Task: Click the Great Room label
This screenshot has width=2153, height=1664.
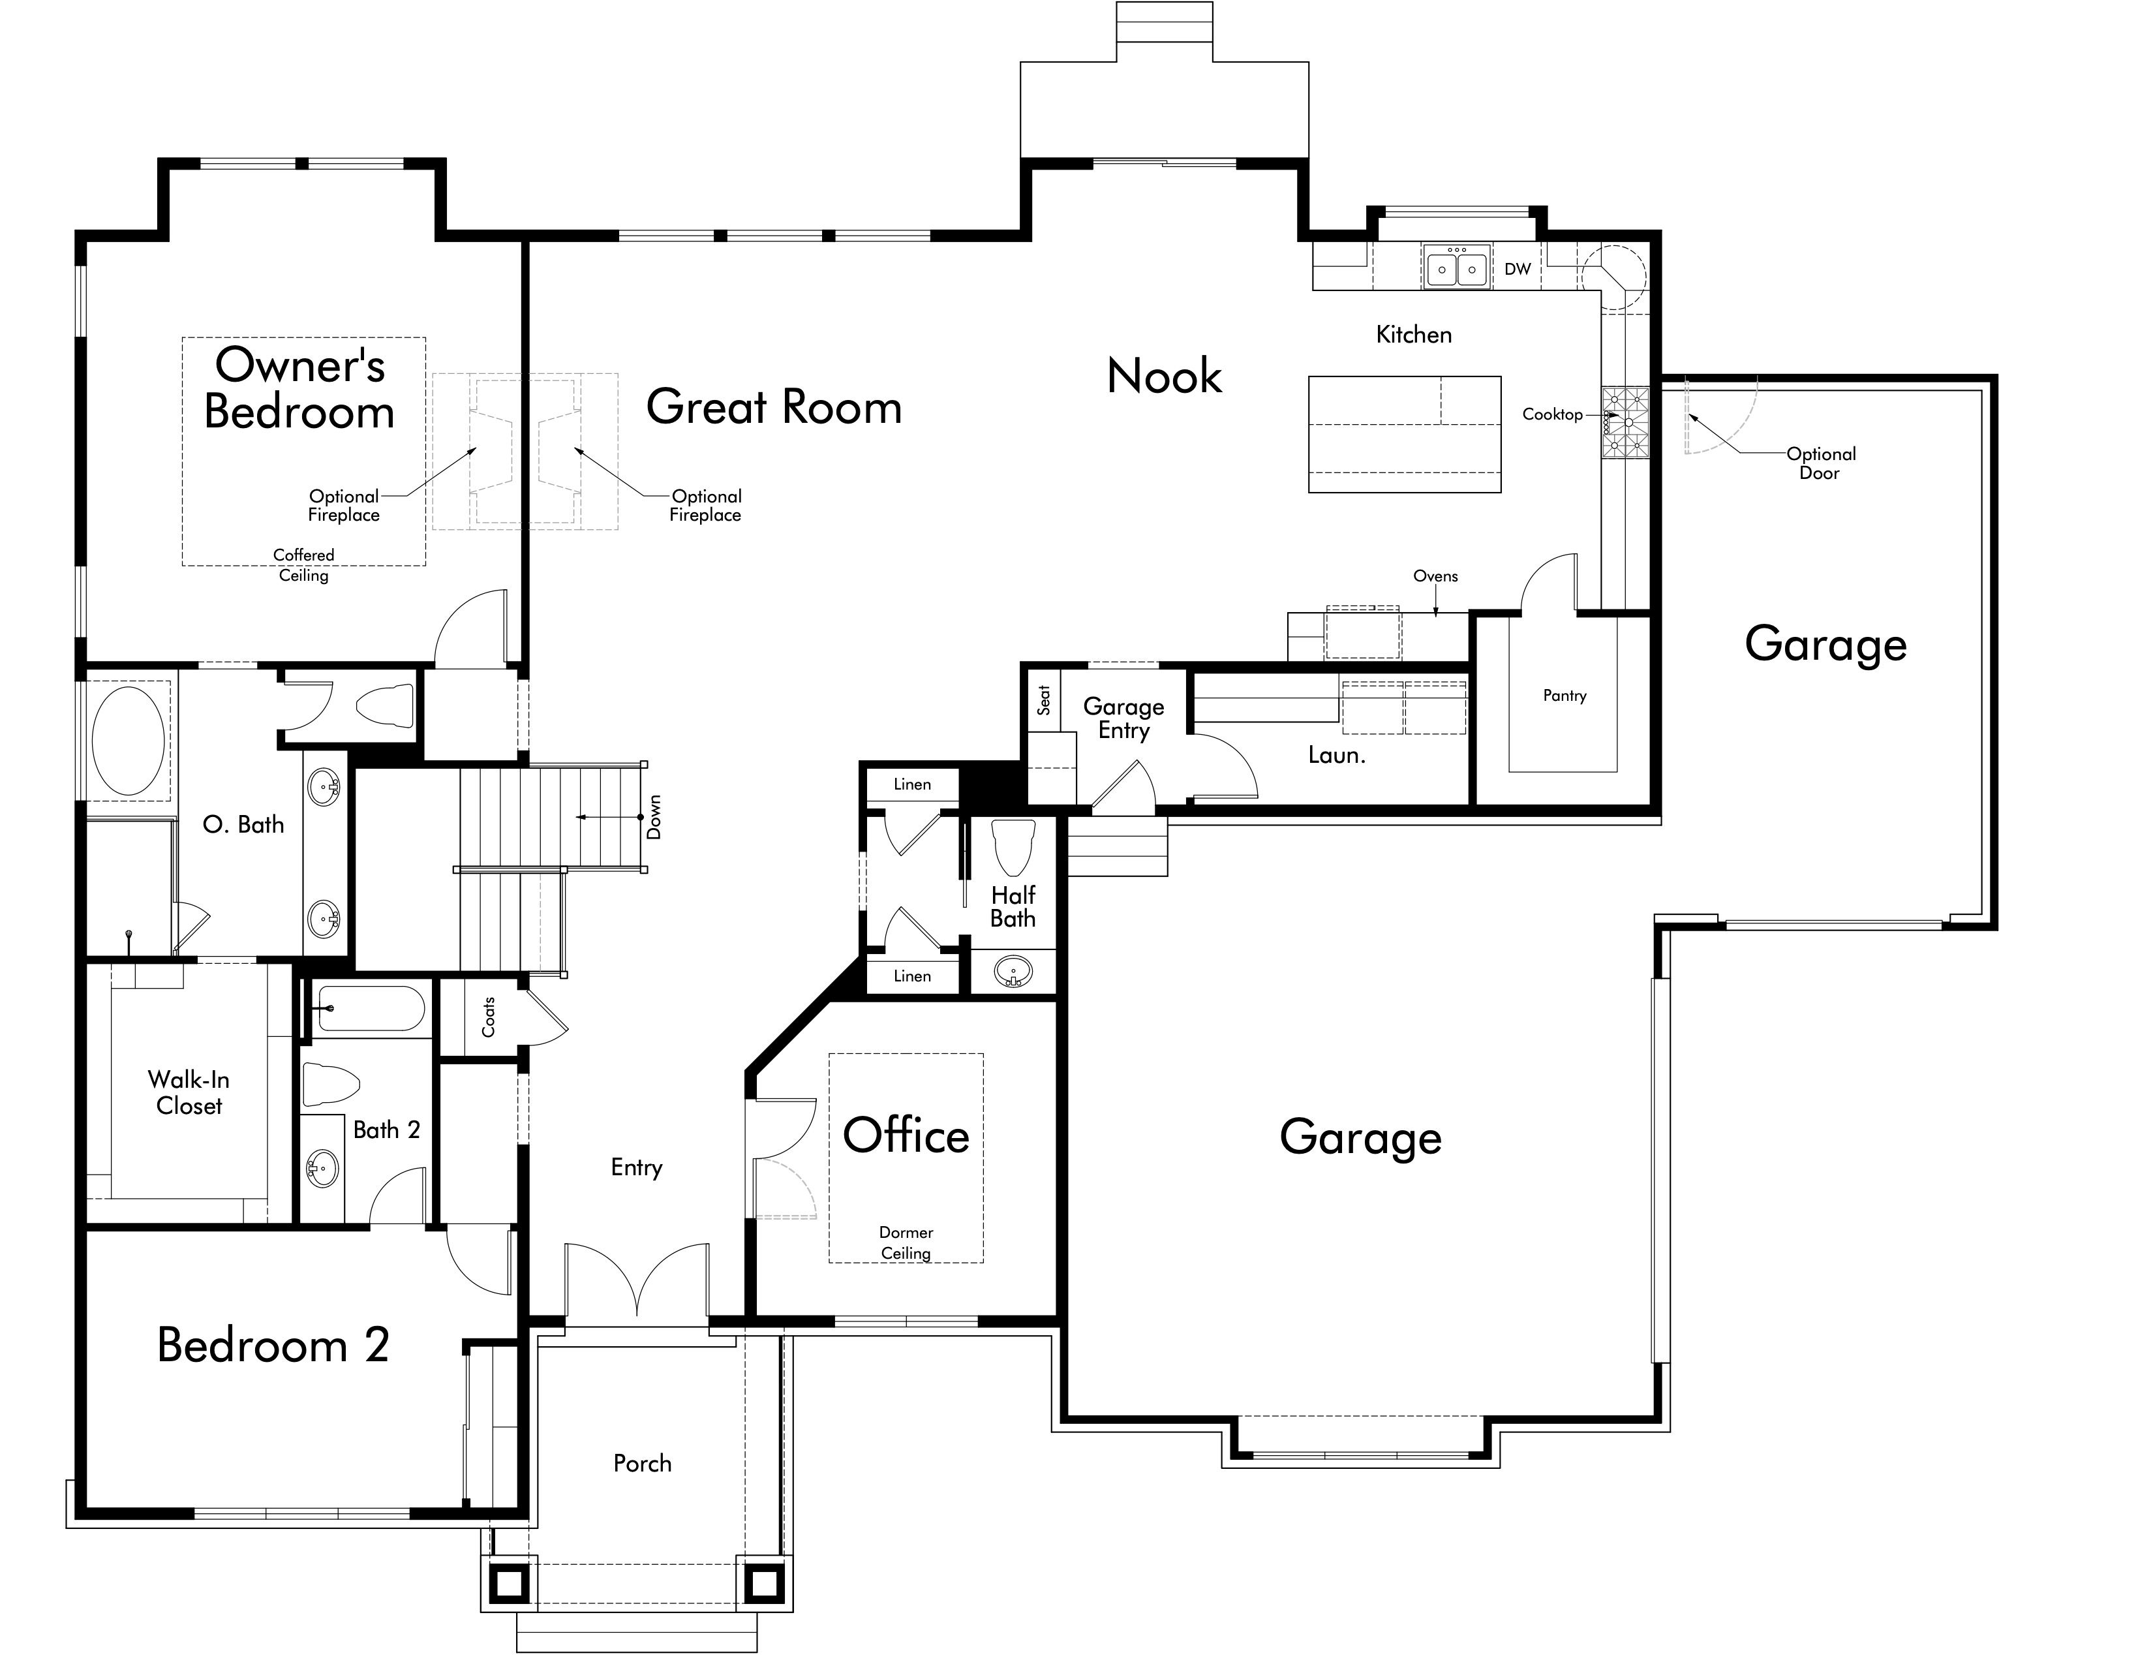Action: pos(774,407)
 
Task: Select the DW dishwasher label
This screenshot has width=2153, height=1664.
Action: pos(1517,269)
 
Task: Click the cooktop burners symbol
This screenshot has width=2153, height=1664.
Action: pos(1625,423)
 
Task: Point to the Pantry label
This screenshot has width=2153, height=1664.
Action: pos(1565,696)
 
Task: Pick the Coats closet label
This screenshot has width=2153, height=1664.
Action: pos(488,1016)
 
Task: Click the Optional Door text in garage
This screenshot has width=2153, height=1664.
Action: pos(1820,463)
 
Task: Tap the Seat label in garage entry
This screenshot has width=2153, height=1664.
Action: pos(1044,700)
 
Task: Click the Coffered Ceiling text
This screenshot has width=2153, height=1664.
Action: pos(303,565)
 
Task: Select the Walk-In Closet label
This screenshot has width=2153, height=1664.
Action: pos(189,1092)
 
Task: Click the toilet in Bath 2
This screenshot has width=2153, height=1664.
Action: pos(330,1085)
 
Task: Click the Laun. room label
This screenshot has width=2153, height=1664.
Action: pos(1336,755)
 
